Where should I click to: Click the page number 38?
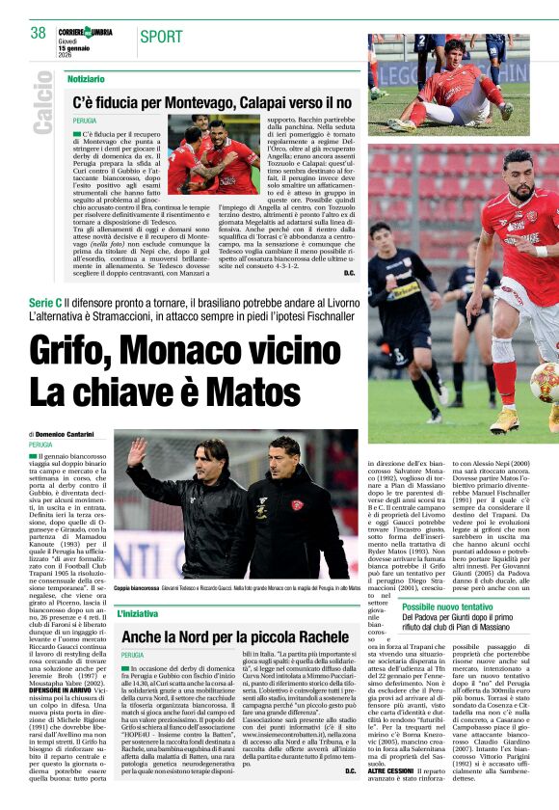39,33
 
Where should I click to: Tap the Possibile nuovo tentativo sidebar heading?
460,607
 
